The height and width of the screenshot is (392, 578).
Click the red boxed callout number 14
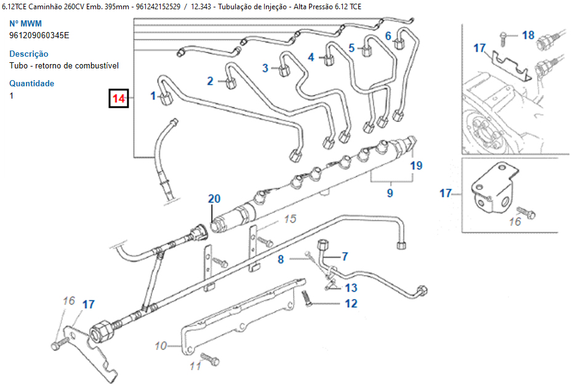pyautogui.click(x=118, y=99)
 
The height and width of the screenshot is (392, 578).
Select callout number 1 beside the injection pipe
pyautogui.click(x=153, y=96)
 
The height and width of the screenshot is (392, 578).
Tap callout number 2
pyautogui.click(x=210, y=81)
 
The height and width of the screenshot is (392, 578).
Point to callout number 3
pyautogui.click(x=265, y=68)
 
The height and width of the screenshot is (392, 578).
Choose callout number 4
pyautogui.click(x=311, y=57)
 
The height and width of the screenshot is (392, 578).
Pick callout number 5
pyautogui.click(x=351, y=47)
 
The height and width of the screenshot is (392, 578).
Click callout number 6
pyautogui.click(x=388, y=36)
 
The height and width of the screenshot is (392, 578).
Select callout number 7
pyautogui.click(x=345, y=256)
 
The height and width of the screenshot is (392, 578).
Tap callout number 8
pyautogui.click(x=281, y=259)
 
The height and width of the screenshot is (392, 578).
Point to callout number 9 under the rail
pyautogui.click(x=390, y=193)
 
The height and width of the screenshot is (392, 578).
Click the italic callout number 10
pyautogui.click(x=161, y=346)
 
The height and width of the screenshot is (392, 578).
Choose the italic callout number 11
pyautogui.click(x=195, y=366)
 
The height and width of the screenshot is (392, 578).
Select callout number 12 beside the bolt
pyautogui.click(x=351, y=303)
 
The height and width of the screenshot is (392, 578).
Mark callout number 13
pyautogui.click(x=351, y=288)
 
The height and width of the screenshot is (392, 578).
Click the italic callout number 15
pyautogui.click(x=290, y=219)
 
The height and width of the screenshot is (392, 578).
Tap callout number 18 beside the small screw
pyautogui.click(x=528, y=35)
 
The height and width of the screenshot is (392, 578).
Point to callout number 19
pyautogui.click(x=417, y=165)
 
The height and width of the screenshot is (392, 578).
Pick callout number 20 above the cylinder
pyautogui.click(x=214, y=198)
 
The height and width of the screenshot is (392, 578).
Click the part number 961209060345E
pyautogui.click(x=39, y=35)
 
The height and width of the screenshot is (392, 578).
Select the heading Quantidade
pyautogui.click(x=32, y=83)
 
